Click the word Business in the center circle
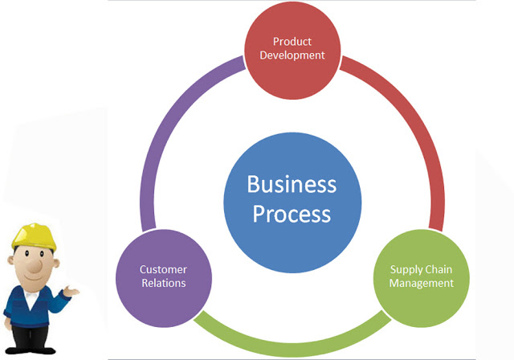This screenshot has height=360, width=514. point(292,184)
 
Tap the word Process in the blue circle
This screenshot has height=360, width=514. point(292,215)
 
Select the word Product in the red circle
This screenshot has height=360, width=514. point(292,42)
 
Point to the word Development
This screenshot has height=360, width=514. point(292,55)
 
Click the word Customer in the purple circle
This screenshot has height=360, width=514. point(163,269)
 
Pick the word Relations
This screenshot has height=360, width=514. point(164,283)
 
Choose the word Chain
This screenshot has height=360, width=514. point(437,269)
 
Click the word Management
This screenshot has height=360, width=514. point(421,284)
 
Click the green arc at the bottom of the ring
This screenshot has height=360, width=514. point(292,349)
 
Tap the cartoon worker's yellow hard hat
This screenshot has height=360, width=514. point(34,236)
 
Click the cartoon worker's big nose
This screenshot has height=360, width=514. point(35,265)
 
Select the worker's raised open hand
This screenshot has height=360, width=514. point(71,291)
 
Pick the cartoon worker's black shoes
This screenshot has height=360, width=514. point(31,350)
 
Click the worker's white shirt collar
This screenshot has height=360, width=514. point(31,298)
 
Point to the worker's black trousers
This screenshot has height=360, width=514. point(30,336)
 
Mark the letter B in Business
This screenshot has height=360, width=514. point(253,184)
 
